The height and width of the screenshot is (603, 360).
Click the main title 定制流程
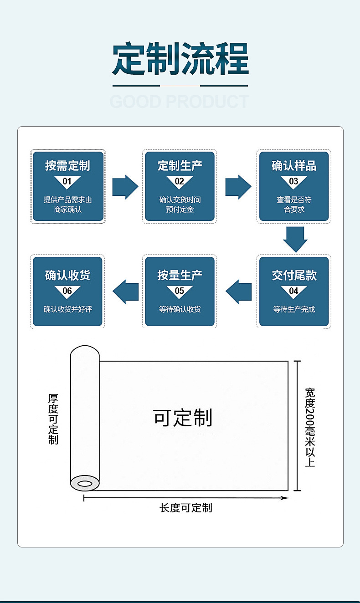tap(180, 59)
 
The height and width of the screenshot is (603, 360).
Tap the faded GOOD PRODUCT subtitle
tap(180, 101)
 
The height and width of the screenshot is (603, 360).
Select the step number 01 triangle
tap(67, 182)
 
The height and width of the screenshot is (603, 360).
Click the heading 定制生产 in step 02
tap(180, 166)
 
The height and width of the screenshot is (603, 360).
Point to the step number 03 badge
tap(294, 182)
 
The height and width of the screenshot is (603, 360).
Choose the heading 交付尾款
tap(294, 275)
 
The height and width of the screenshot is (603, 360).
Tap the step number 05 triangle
tap(180, 291)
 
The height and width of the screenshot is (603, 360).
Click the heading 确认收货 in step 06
tap(67, 275)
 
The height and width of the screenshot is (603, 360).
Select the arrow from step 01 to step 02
tap(125, 187)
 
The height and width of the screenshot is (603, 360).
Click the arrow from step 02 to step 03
tap(238, 187)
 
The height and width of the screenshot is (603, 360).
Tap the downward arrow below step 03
tap(295, 239)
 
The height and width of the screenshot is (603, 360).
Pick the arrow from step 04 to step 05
tap(238, 291)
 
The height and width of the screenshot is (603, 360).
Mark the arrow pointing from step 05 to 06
tap(125, 291)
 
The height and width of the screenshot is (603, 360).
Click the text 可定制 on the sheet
tap(183, 418)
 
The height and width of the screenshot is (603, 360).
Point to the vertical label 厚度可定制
tap(53, 419)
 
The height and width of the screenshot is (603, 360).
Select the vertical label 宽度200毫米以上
tap(310, 427)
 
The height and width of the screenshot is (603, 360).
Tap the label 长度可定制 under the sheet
tap(186, 508)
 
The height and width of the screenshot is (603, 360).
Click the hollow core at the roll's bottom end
tap(84, 483)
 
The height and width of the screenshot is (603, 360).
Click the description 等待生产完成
tap(294, 309)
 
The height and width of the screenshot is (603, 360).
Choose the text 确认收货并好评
tap(67, 309)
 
